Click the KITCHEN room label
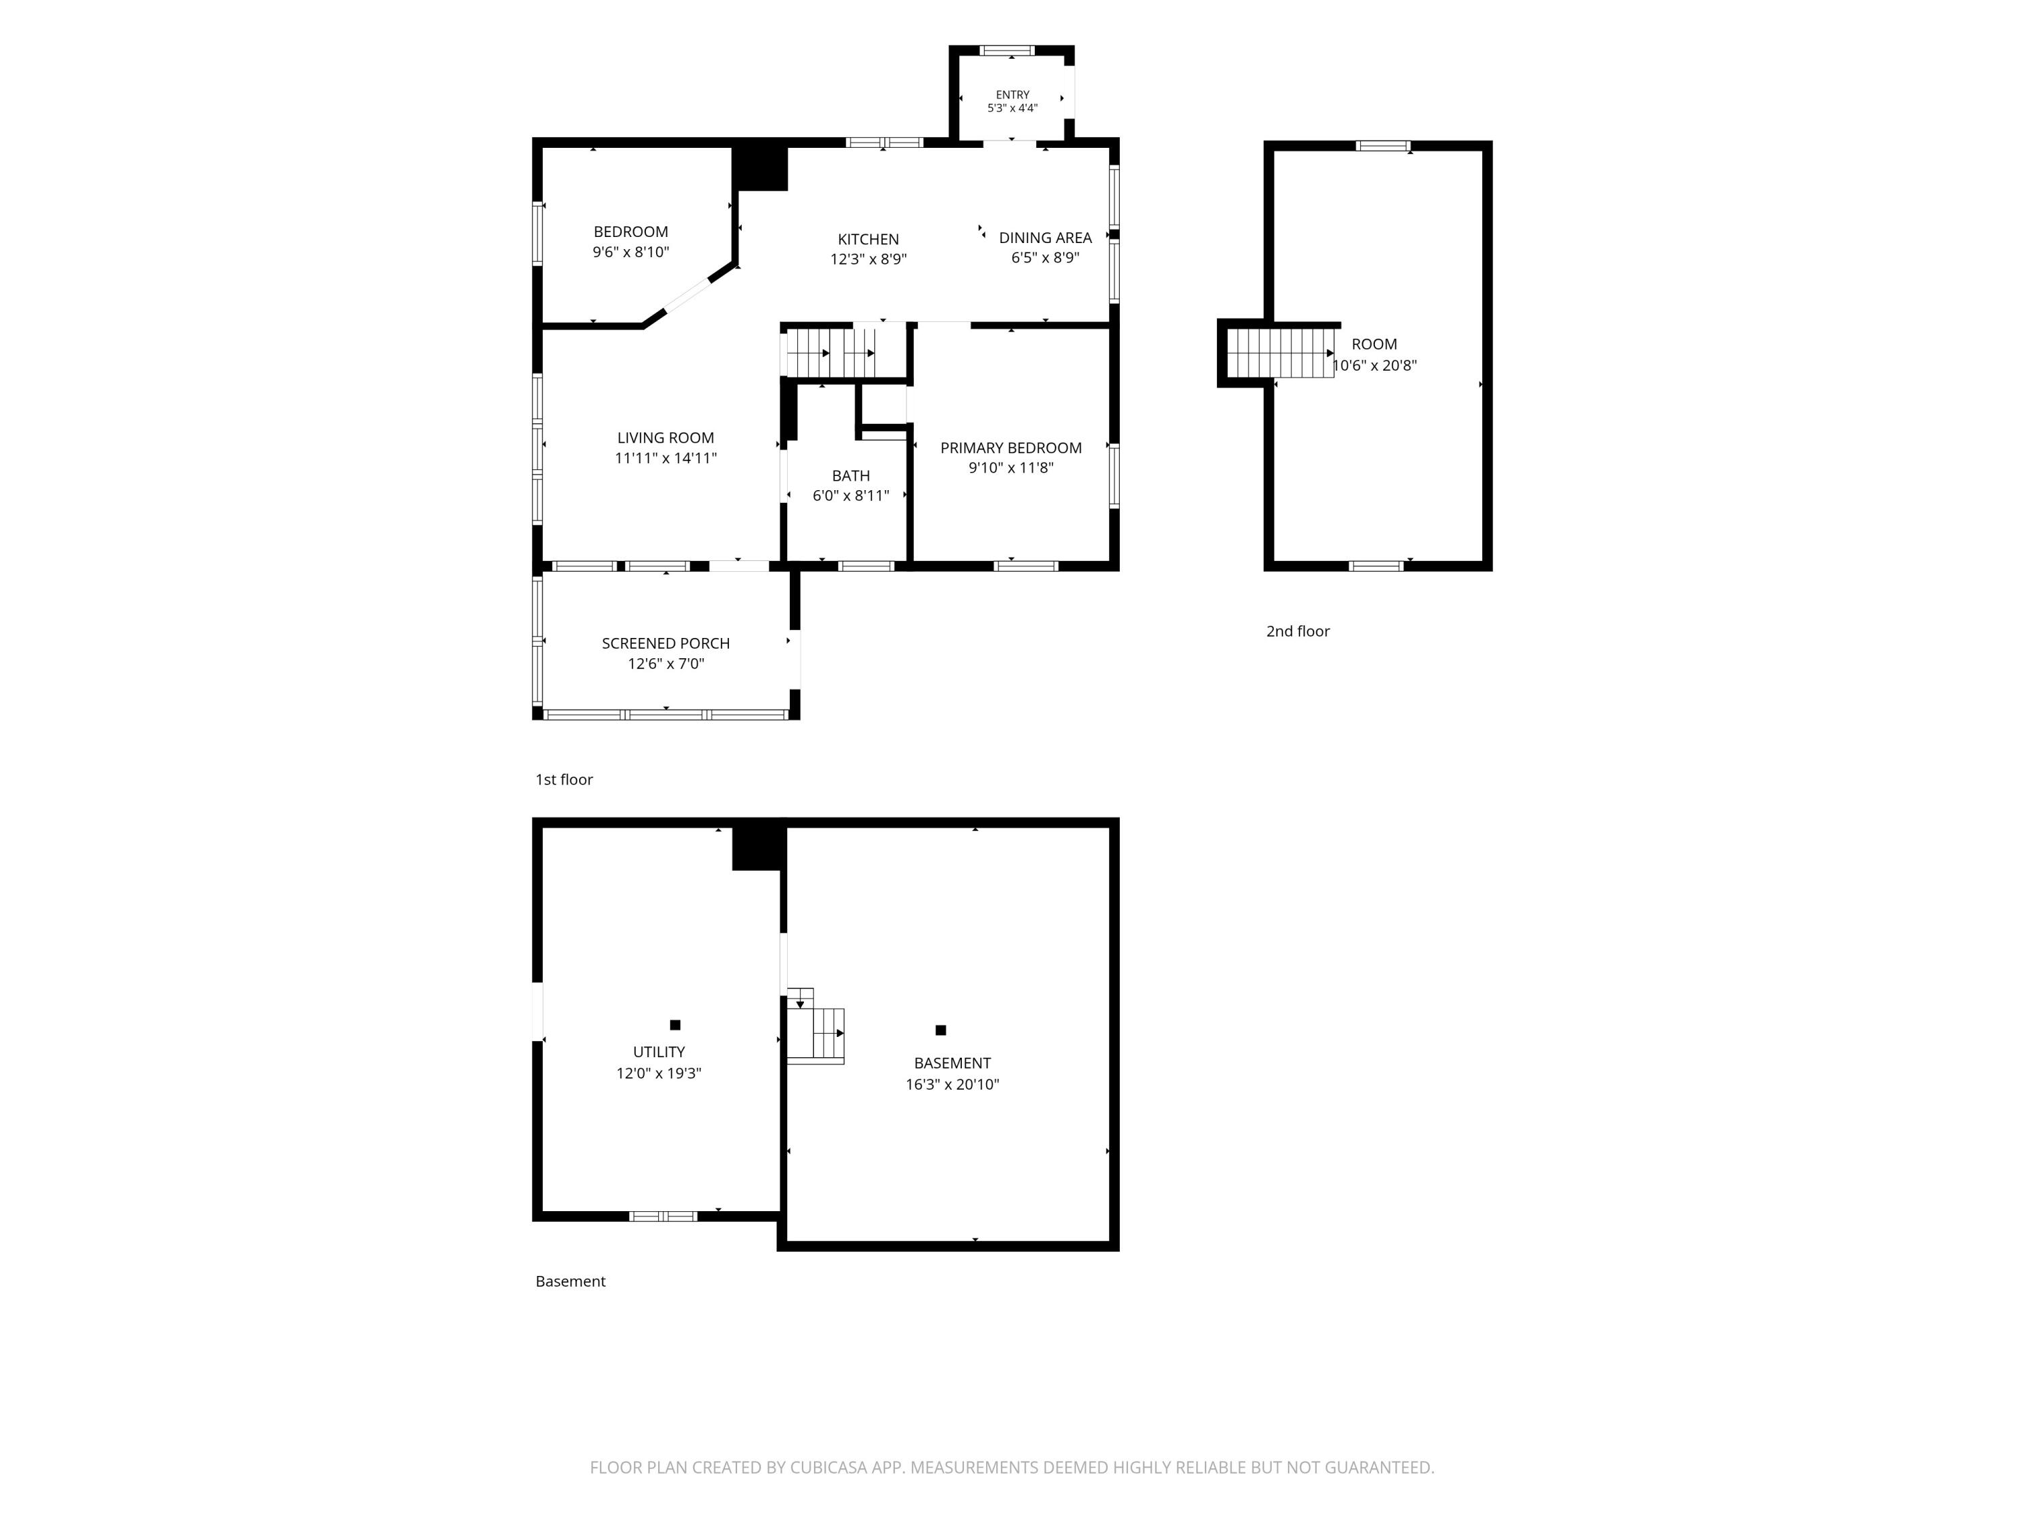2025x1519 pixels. click(868, 239)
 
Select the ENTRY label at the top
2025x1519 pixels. click(1013, 95)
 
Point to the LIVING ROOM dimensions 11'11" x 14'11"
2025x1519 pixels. click(666, 458)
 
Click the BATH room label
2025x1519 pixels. click(850, 476)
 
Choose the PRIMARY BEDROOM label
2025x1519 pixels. click(1010, 448)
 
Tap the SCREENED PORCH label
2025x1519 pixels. click(666, 643)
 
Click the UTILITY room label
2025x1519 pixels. click(659, 1052)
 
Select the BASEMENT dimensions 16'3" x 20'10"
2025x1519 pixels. click(952, 1084)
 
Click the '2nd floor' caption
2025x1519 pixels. click(1297, 631)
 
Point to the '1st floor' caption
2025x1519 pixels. click(564, 779)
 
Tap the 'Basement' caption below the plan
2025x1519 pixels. click(570, 1281)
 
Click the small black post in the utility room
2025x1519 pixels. click(675, 1025)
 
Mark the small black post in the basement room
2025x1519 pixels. click(940, 1030)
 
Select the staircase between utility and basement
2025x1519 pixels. click(815, 1025)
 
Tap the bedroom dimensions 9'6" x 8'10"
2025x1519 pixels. click(630, 252)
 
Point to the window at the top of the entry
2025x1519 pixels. click(1007, 51)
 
